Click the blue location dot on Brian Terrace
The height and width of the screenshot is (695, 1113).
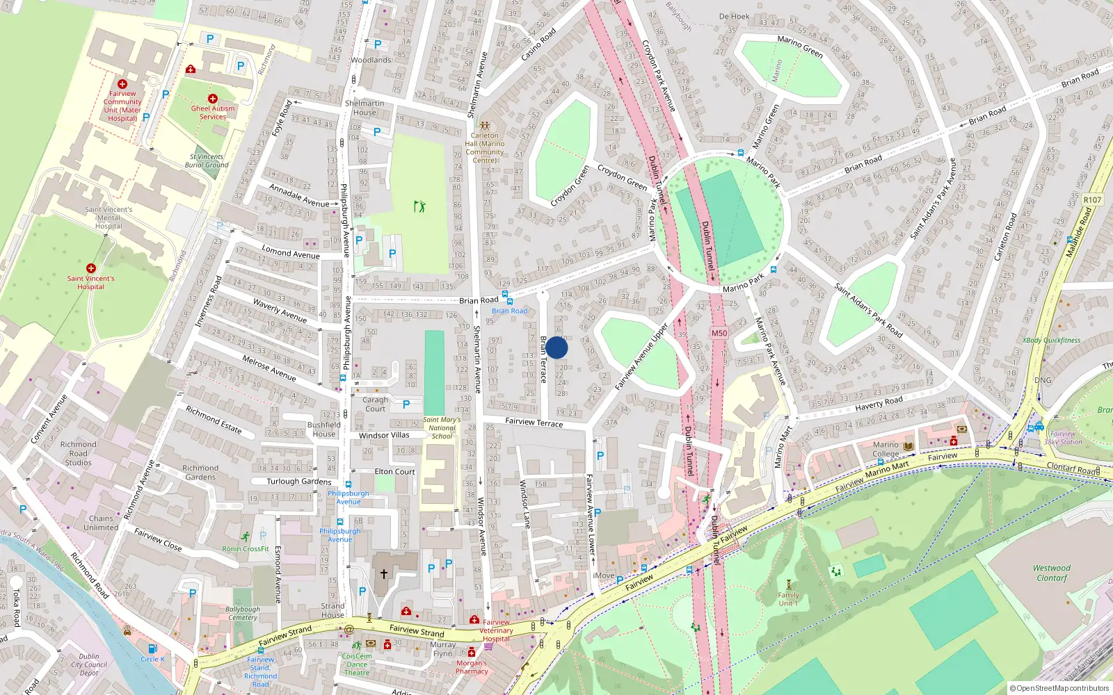556,348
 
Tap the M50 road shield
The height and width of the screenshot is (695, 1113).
719,333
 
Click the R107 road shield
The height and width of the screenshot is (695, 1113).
1092,199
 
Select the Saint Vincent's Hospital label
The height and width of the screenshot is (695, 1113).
90,282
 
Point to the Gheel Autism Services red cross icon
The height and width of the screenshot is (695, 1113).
213,99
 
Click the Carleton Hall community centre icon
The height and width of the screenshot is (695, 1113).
484,126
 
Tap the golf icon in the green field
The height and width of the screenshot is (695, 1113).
419,206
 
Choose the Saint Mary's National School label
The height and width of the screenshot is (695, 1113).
442,427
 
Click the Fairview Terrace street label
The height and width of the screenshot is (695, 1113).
534,422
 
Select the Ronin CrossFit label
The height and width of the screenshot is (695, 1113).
246,548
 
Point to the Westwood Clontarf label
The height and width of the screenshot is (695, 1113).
1051,573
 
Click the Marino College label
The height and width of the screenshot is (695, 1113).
886,449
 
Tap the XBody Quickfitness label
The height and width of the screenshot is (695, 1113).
1051,341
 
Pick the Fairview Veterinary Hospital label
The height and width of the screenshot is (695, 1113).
496,630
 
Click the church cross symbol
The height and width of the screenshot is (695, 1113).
383,574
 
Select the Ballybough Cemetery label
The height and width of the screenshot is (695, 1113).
243,613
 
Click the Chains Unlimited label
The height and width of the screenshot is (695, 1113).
101,523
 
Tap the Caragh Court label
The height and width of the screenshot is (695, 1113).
375,404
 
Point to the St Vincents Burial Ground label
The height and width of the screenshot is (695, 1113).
207,161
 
